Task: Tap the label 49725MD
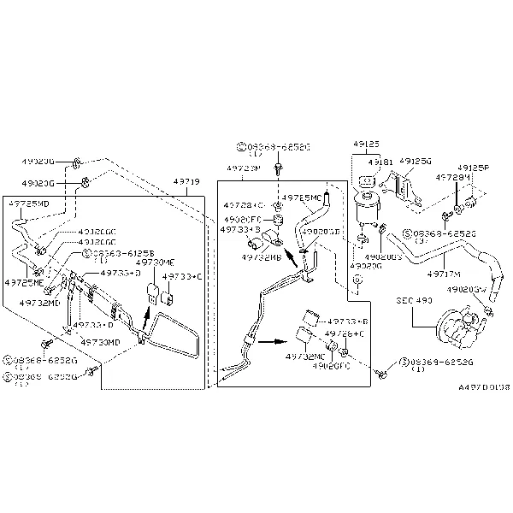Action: click(28, 204)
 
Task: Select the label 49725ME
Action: click(25, 282)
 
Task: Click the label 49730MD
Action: click(100, 342)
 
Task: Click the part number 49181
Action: click(380, 162)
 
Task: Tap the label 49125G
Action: click(416, 160)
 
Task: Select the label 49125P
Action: click(472, 168)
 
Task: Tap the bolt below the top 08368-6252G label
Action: click(280, 168)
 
